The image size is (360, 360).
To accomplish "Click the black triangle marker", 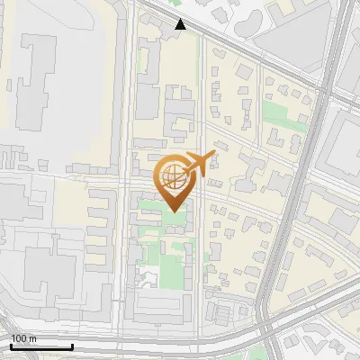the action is coord(181,24).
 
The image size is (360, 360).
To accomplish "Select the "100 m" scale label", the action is coord(23,338).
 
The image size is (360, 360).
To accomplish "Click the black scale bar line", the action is coord(41,346).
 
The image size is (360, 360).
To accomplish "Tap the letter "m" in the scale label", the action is coord(32,338).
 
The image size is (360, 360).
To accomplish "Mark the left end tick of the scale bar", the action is coord(11,346).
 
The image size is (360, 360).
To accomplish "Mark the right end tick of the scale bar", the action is coord(72,346).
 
